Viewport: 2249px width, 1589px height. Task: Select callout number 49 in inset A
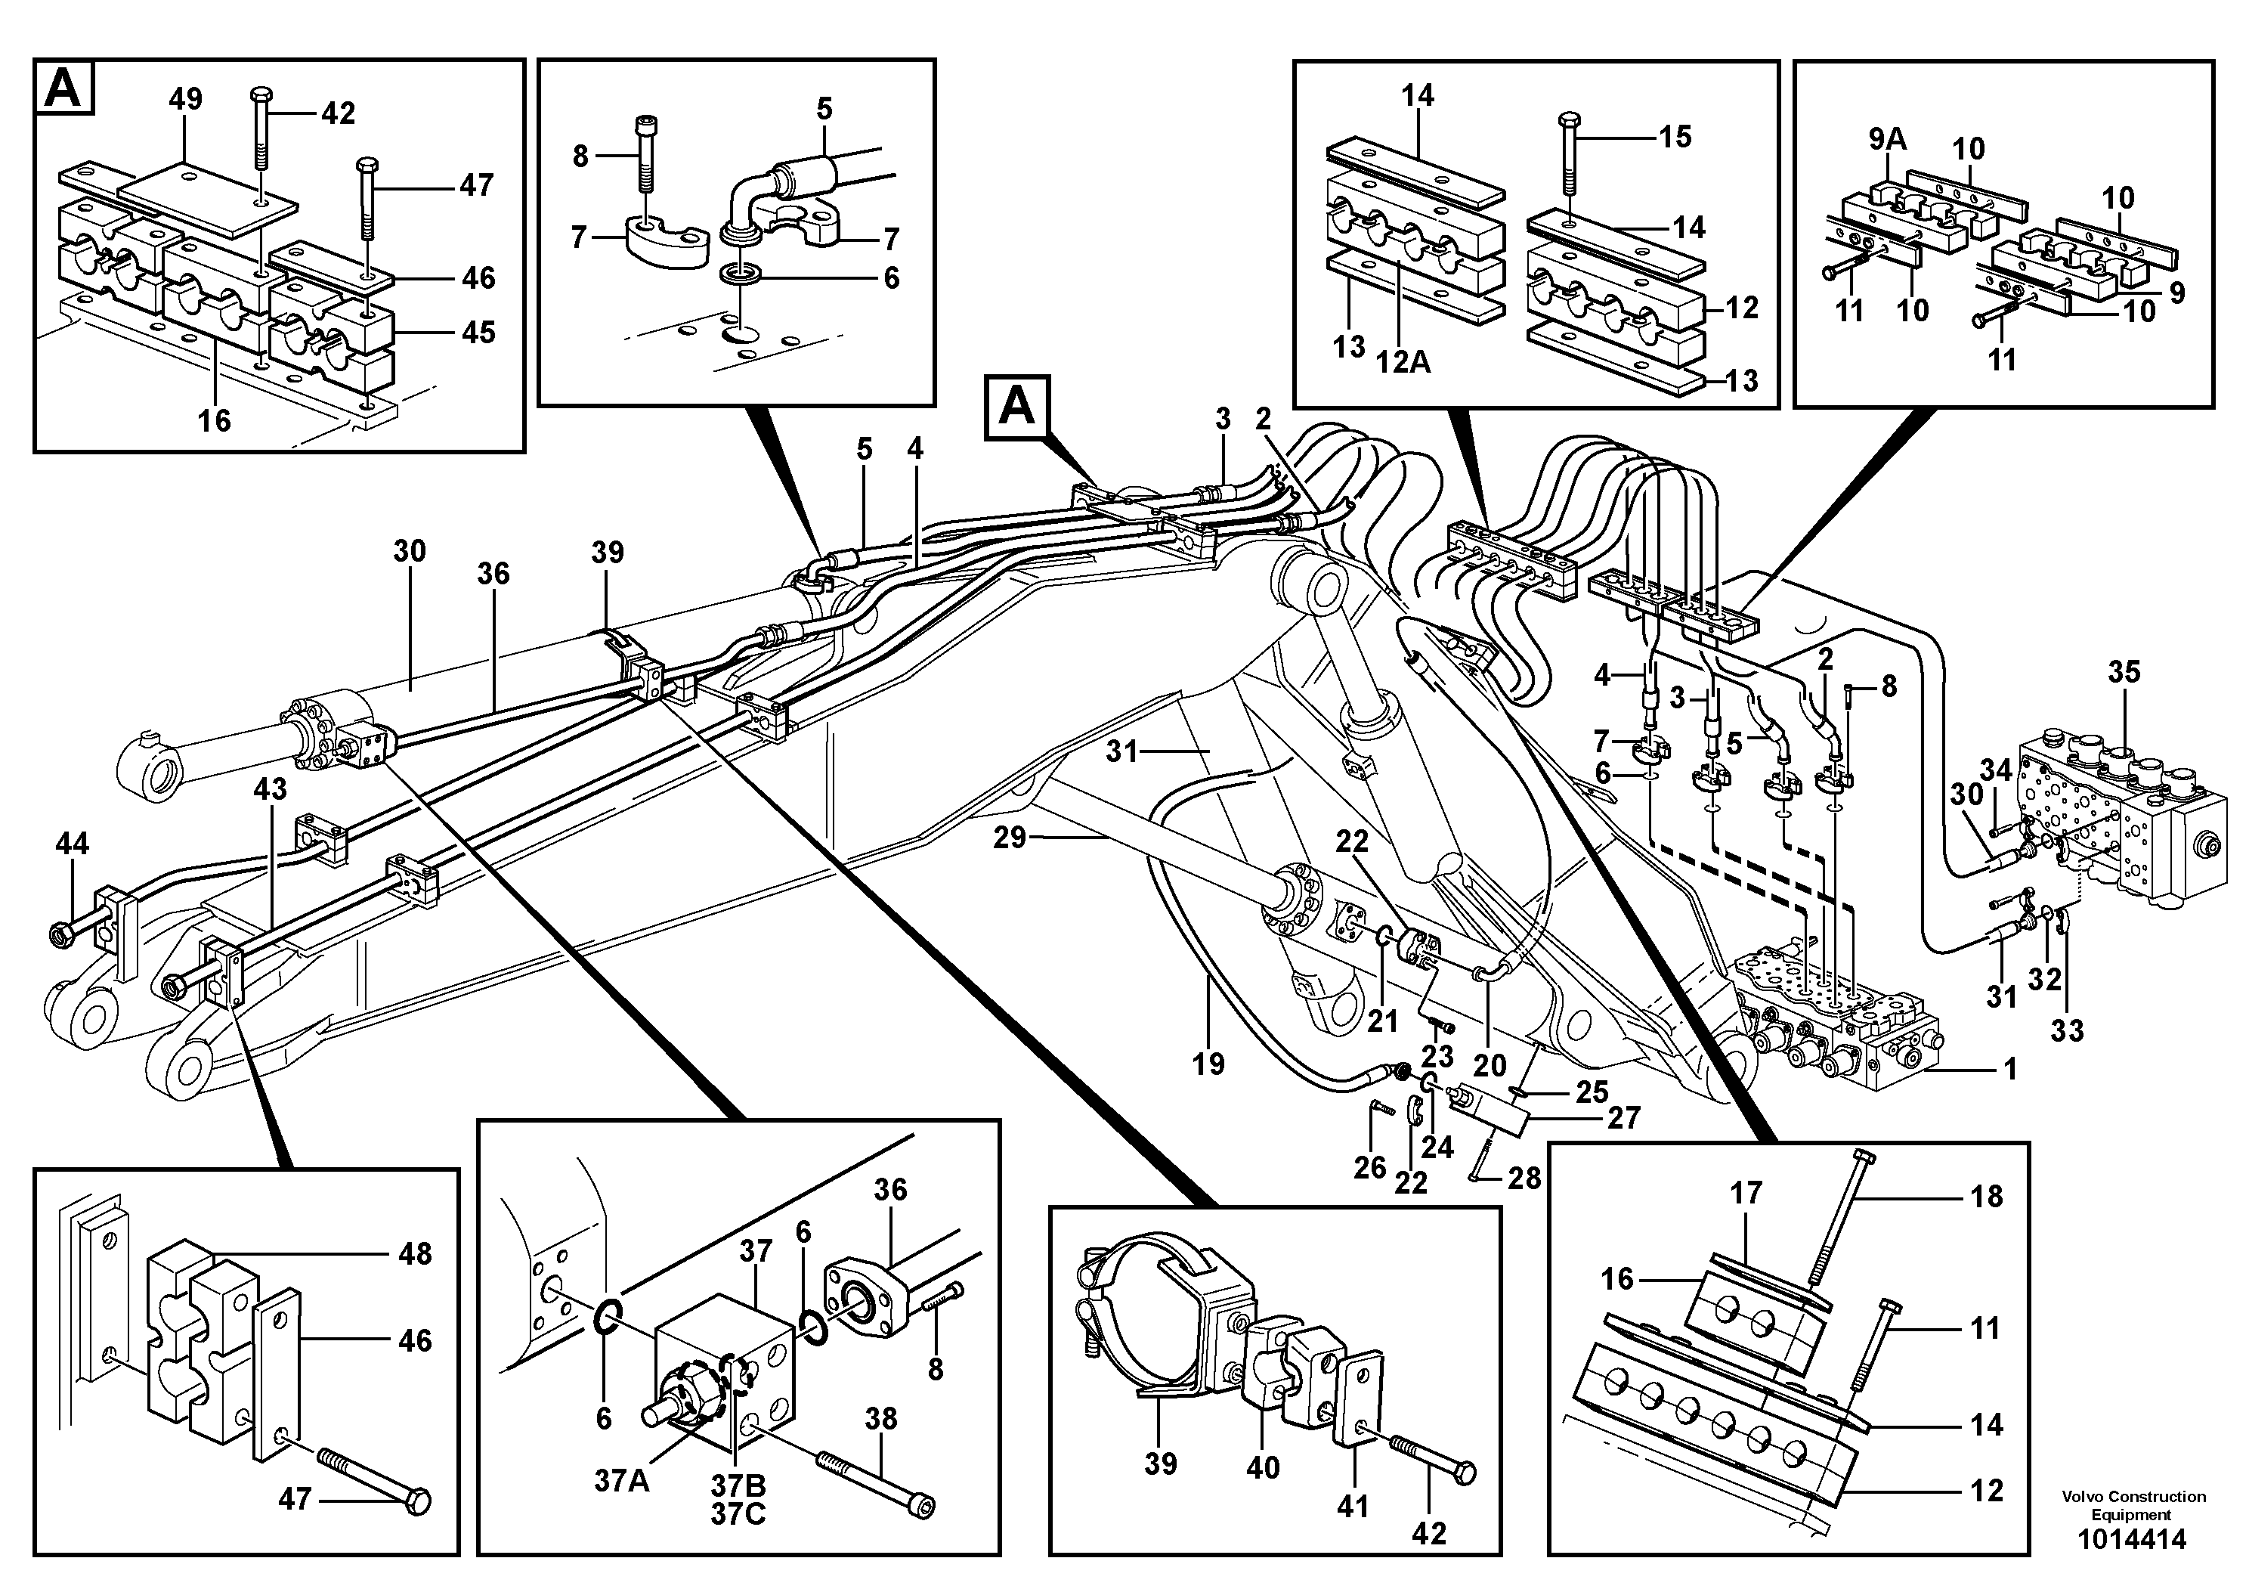pos(185,99)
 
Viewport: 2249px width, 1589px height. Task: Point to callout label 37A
pos(621,1480)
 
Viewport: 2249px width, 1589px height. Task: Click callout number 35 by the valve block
pos(2124,672)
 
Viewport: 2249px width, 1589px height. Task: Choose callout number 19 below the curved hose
pos(1208,1064)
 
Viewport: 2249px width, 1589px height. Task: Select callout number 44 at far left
pos(73,843)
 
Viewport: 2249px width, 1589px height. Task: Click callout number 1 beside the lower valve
pos(2010,1069)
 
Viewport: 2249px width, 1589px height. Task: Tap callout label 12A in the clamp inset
pos(1403,362)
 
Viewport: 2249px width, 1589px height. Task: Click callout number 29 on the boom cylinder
pos(1010,838)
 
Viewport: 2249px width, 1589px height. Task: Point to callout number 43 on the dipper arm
pos(271,788)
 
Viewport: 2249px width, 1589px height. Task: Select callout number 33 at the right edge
pos(2067,1030)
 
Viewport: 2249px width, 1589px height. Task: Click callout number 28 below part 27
pos(1524,1178)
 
